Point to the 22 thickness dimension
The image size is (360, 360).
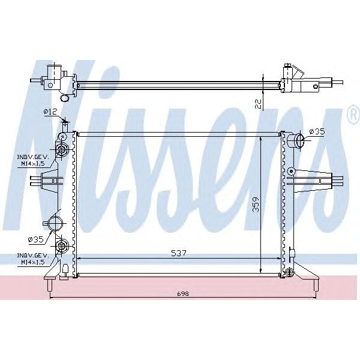(258, 104)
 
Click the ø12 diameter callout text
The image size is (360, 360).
(50, 112)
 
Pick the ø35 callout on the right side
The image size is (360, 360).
(316, 131)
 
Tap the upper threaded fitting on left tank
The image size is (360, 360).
(61, 149)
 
